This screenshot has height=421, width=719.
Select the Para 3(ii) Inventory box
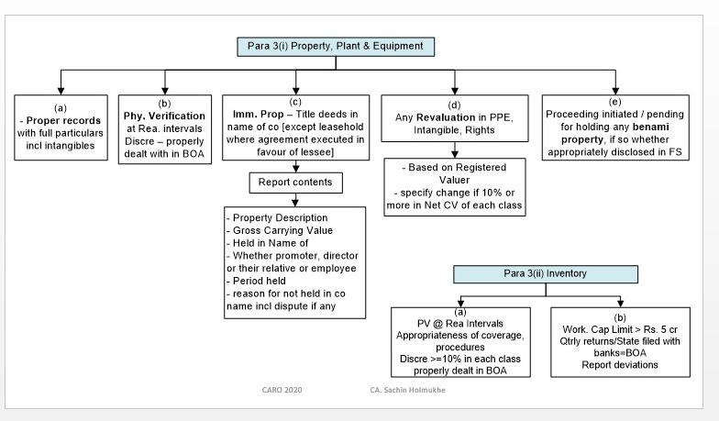pyautogui.click(x=546, y=274)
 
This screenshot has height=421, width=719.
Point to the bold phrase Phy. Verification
pyautogui.click(x=165, y=116)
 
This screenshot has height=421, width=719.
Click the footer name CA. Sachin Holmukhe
pyautogui.click(x=401, y=390)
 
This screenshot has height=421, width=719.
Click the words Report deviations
pyautogui.click(x=615, y=364)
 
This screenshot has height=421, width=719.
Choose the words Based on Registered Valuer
pyautogui.click(x=456, y=175)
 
